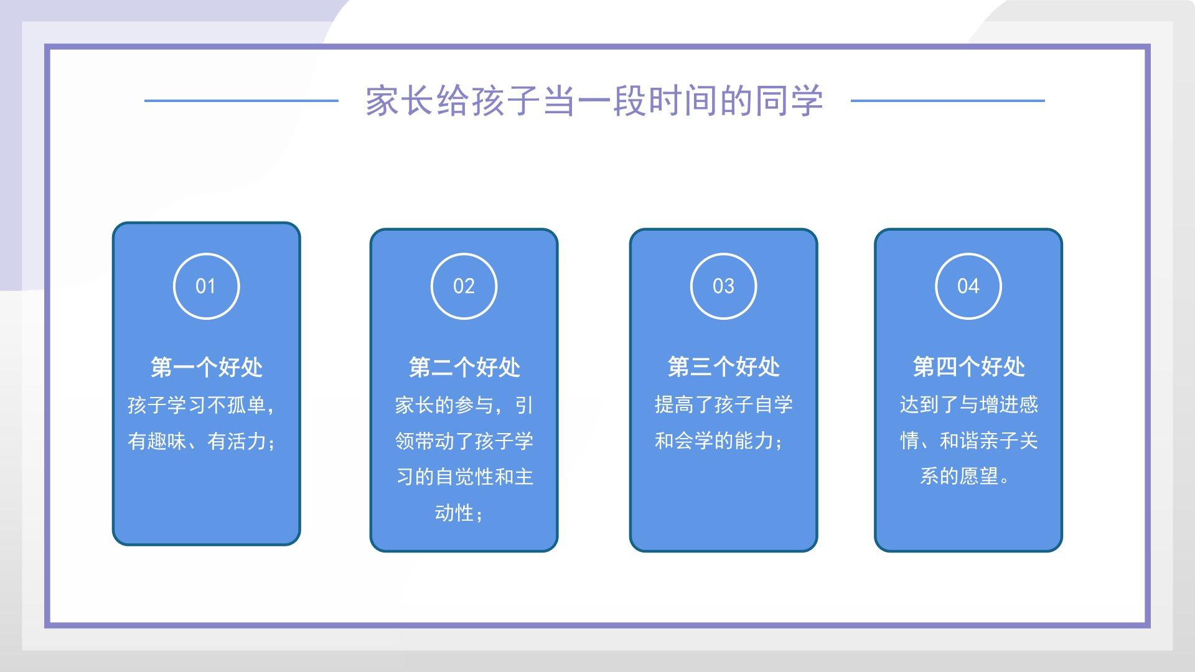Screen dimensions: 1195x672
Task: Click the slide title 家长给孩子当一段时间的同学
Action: [x=594, y=101]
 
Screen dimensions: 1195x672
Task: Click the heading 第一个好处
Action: [x=207, y=367]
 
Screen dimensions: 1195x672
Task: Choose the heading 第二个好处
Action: [x=464, y=367]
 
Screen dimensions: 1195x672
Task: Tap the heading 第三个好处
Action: [x=724, y=366]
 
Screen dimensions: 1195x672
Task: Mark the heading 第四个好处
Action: [x=969, y=366]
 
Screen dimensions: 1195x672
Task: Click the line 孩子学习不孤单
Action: [x=197, y=405]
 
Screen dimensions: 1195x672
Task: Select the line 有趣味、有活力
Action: [x=197, y=441]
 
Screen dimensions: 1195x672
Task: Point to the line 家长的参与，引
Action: [x=464, y=405]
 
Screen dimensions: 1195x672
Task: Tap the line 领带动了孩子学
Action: [x=464, y=441]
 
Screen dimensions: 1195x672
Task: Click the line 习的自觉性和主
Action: [x=465, y=477]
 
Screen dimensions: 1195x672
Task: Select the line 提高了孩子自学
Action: [x=724, y=404]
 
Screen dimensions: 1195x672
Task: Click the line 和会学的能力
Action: [x=714, y=441]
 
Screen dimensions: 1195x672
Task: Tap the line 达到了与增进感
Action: [x=969, y=404]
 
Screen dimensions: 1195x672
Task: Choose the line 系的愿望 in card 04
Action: [x=959, y=477]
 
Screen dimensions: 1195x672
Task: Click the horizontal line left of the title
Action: [x=241, y=100]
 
